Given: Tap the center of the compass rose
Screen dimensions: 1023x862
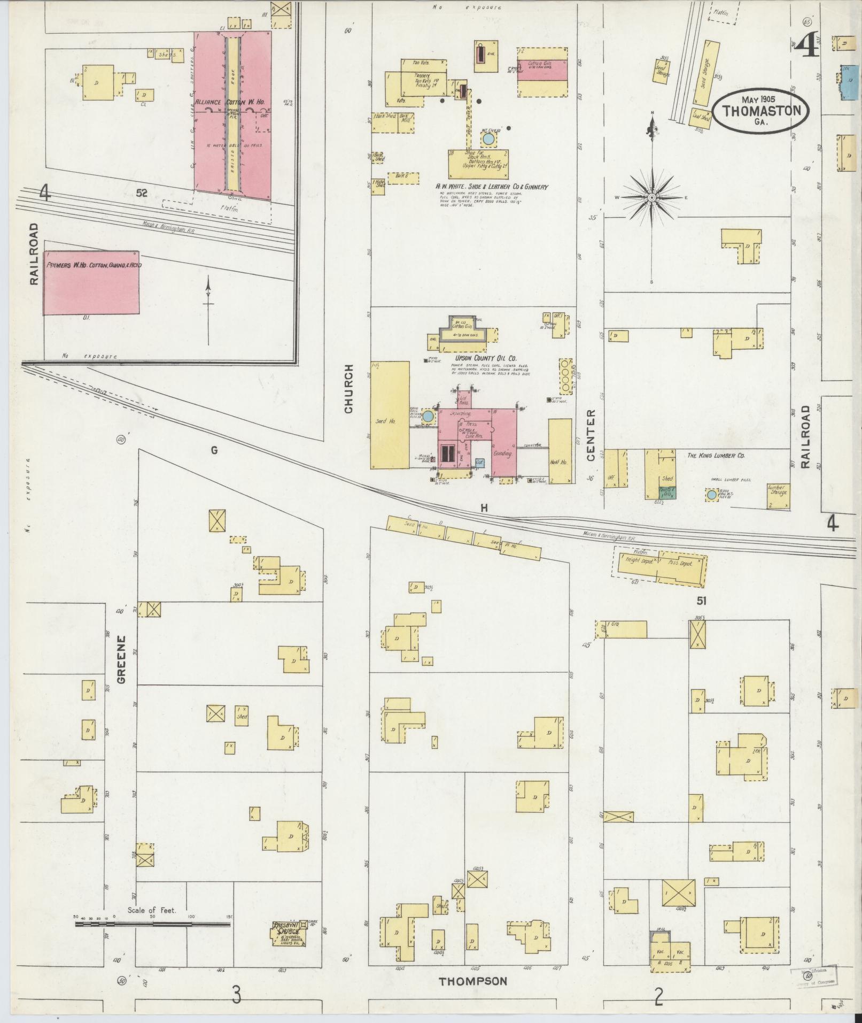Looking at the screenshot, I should click(x=652, y=198).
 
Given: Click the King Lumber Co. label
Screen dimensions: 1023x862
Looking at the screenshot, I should click(x=716, y=456).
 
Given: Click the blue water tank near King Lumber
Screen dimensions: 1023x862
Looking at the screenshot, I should click(x=711, y=495).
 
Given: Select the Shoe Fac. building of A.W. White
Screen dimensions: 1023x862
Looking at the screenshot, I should click(x=479, y=163).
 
